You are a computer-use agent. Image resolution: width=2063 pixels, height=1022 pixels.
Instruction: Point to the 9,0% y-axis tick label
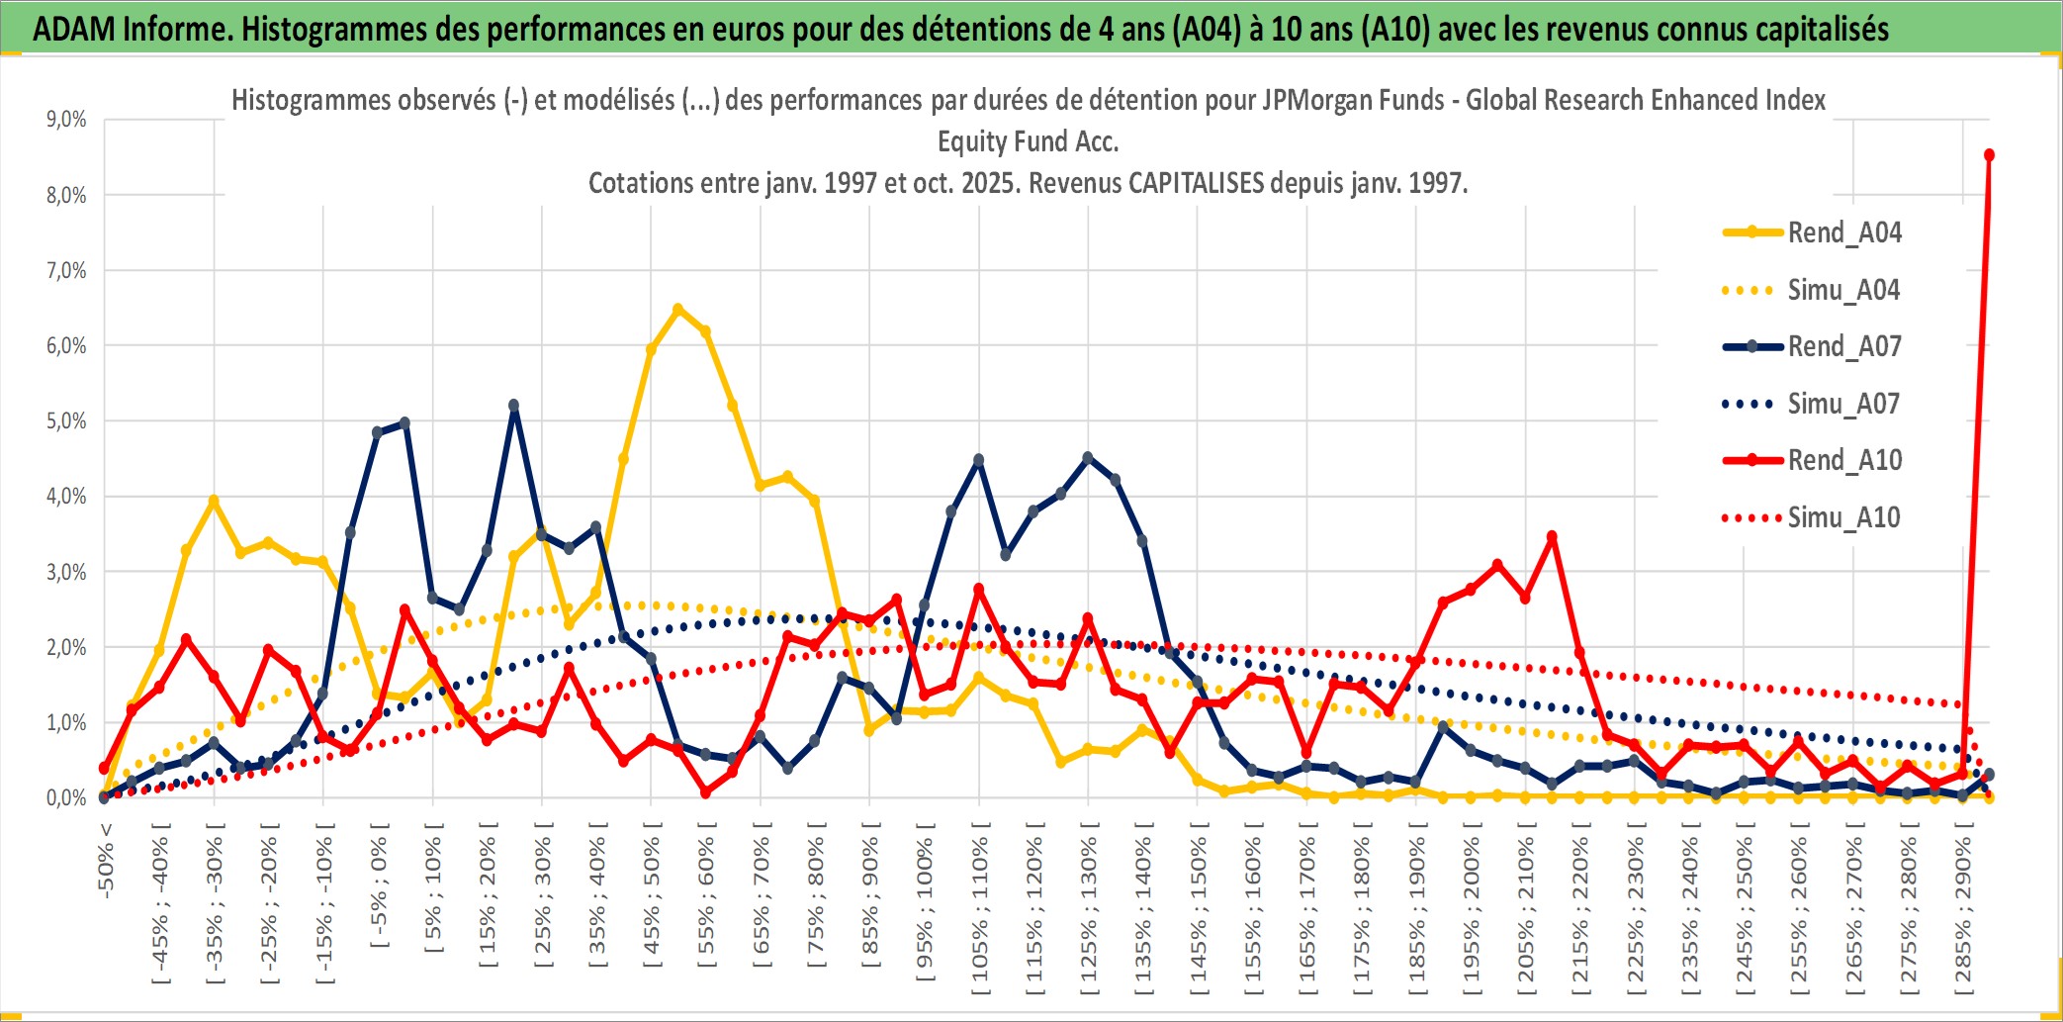pyautogui.click(x=66, y=120)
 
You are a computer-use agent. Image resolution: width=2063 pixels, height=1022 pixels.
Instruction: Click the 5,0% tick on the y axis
pyautogui.click(x=66, y=421)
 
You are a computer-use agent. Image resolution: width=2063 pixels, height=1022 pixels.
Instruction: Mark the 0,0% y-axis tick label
pyautogui.click(x=66, y=798)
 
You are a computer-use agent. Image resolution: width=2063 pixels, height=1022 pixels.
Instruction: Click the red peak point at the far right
pyautogui.click(x=1989, y=155)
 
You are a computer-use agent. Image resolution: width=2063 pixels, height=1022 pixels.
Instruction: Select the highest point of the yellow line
pyautogui.click(x=677, y=310)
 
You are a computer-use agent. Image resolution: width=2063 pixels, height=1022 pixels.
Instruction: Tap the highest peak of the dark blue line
pyautogui.click(x=513, y=406)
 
